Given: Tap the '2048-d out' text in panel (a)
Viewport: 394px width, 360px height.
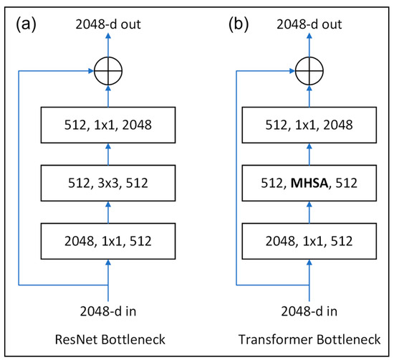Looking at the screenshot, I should pos(108,24).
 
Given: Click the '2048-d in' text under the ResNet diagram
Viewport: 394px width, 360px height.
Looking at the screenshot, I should pos(108,311).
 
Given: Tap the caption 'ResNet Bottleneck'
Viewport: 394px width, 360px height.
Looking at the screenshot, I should pos(108,338).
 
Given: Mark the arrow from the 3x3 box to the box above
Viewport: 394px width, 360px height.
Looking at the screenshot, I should pos(108,156).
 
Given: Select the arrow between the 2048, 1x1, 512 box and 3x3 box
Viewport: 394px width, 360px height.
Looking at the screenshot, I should pos(108,213).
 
